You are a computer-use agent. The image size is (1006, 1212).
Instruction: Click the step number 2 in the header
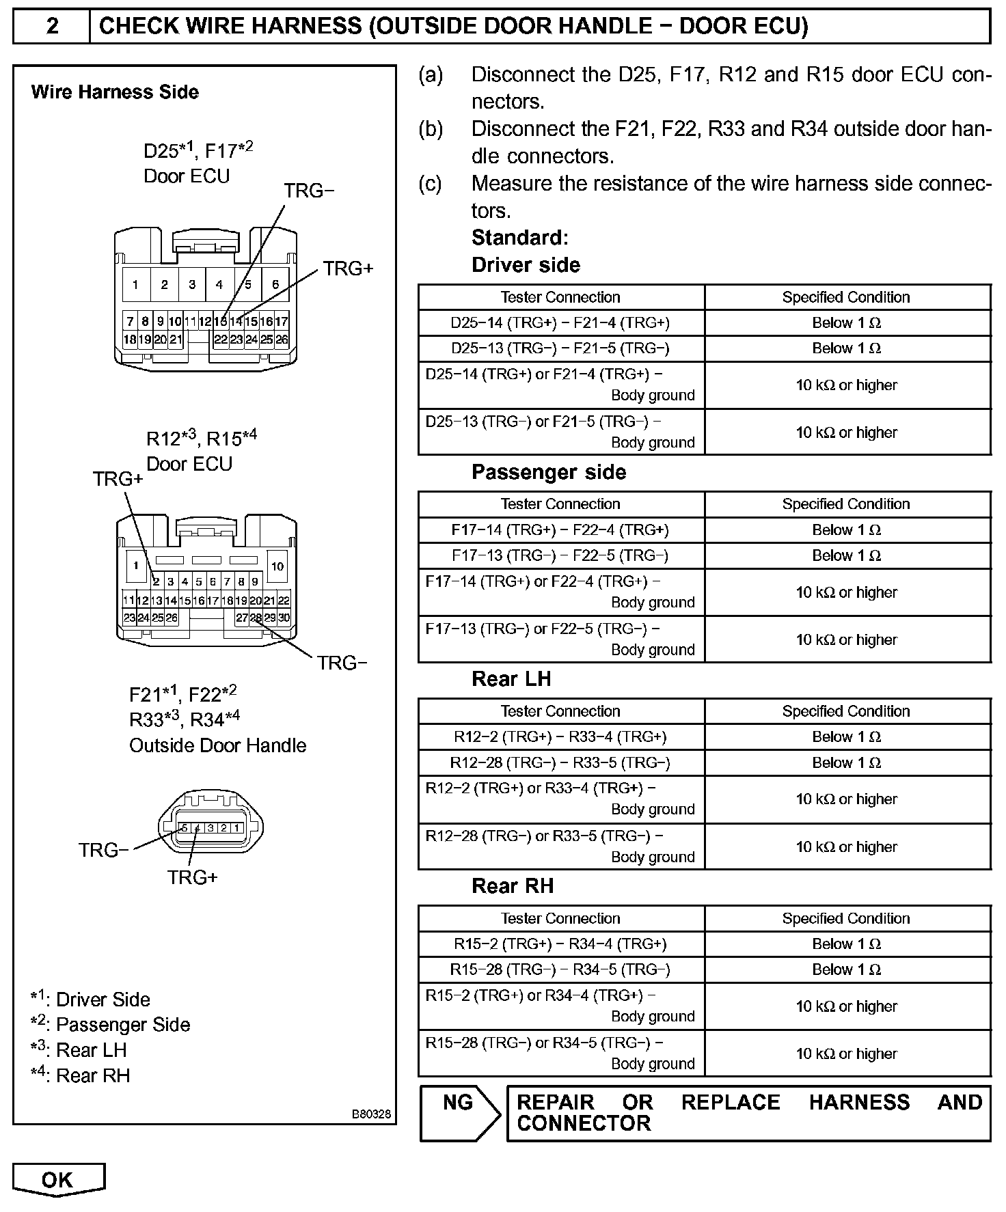tap(52, 26)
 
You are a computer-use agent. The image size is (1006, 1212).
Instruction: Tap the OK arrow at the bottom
tap(57, 1180)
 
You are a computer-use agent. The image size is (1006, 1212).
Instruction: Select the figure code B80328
tap(371, 1114)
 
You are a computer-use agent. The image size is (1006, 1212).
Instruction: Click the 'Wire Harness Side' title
tap(115, 92)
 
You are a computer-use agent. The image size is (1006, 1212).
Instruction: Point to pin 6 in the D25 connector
tap(275, 284)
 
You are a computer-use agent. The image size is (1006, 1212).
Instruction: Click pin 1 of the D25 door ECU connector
tap(135, 284)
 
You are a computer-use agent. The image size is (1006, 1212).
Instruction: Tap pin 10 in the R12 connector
tap(277, 566)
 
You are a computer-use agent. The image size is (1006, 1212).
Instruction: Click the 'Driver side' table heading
tap(526, 265)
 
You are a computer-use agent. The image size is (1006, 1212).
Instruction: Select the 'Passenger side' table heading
tap(548, 472)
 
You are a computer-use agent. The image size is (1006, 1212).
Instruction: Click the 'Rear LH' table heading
tap(511, 679)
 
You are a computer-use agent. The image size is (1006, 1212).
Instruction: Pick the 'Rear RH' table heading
tap(512, 886)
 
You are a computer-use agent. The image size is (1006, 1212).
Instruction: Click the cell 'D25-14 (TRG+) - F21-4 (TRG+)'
tap(560, 322)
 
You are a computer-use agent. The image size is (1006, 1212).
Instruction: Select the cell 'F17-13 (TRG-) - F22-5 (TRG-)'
tap(560, 555)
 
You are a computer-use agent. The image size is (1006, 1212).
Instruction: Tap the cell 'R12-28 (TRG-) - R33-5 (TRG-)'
tap(560, 762)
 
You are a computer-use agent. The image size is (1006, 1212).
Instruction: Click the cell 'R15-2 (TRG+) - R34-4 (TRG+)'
tap(560, 944)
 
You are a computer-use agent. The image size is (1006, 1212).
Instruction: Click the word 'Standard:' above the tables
tap(519, 238)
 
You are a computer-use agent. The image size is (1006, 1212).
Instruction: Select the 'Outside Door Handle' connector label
tap(217, 745)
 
